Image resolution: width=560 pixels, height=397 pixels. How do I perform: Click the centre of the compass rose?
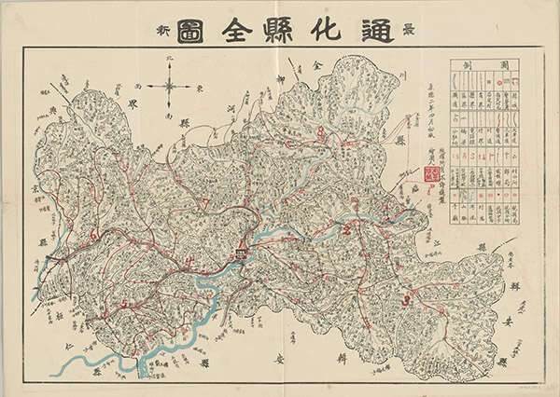(169, 90)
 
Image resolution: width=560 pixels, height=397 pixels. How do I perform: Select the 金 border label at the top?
(315, 67)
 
